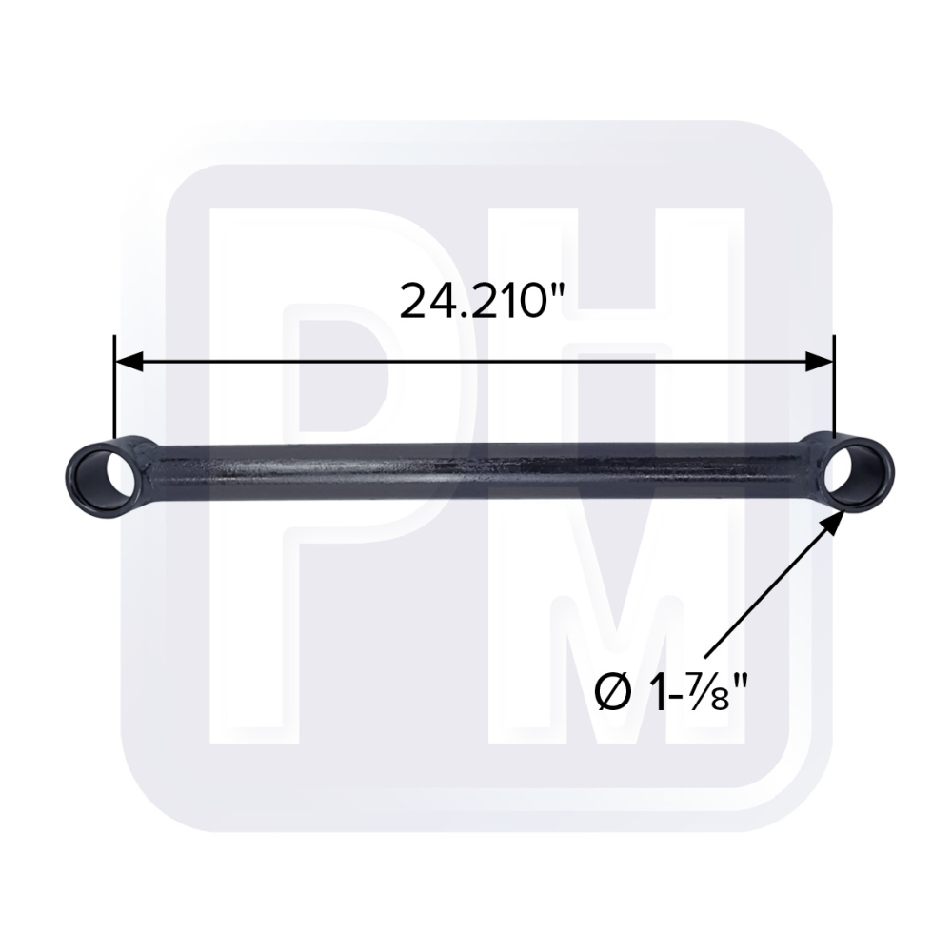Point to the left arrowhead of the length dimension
pyautogui.click(x=129, y=361)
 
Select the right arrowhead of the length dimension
pyautogui.click(x=820, y=361)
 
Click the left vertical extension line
pyautogui.click(x=114, y=388)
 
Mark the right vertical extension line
pyautogui.click(x=834, y=387)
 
